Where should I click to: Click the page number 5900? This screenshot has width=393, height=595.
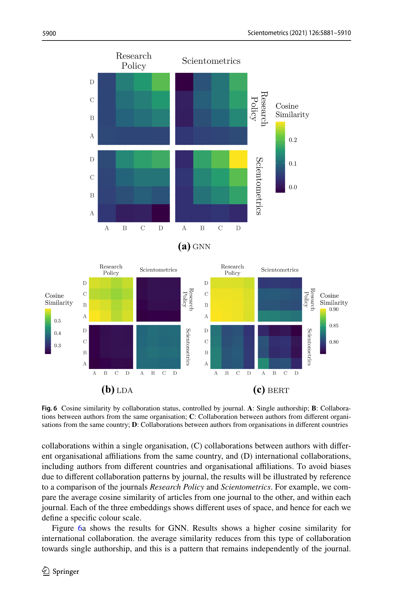tap(49, 33)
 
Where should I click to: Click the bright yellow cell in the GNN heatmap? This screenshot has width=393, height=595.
tap(239, 159)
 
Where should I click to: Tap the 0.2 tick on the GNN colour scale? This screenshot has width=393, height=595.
tap(293, 140)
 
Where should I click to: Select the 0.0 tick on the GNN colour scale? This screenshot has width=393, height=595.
tap(293, 187)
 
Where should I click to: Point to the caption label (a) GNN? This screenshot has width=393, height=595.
tap(194, 247)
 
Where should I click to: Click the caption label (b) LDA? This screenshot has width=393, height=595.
tap(117, 390)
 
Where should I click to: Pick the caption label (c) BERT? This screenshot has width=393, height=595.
tap(271, 390)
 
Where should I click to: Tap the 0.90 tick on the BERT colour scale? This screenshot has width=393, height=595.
tap(334, 309)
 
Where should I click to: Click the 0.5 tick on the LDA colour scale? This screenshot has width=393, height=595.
tap(57, 321)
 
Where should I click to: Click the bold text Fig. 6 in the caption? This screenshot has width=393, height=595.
tap(49, 408)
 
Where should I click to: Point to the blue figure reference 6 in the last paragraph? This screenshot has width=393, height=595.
tap(80, 528)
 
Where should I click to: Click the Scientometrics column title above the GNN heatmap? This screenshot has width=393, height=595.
tap(211, 61)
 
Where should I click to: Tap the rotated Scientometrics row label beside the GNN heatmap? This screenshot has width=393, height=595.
tap(259, 186)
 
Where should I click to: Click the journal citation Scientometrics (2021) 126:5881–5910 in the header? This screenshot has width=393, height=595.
tap(299, 33)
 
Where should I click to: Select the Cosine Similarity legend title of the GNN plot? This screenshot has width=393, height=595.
tap(292, 110)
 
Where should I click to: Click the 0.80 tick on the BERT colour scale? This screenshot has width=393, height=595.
tap(334, 342)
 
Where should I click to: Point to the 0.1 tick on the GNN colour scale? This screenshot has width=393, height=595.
tap(293, 164)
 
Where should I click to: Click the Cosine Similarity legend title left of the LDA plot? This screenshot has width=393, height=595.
tap(59, 299)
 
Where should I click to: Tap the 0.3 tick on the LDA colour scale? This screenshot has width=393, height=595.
tap(57, 346)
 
